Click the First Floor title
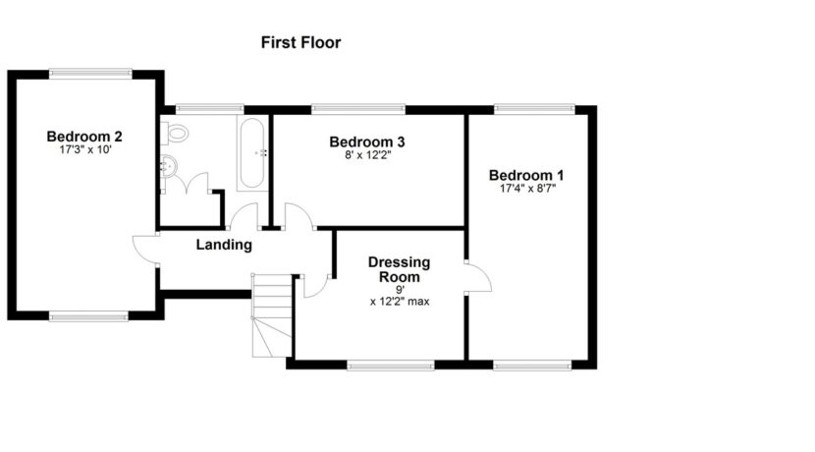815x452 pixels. tap(300, 42)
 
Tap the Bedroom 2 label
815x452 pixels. tap(84, 137)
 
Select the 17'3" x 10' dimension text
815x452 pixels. tap(85, 149)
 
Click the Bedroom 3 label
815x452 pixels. tap(367, 141)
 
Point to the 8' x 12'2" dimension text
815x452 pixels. tap(367, 154)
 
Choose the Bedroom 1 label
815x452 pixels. tap(526, 175)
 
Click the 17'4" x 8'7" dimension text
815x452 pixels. tap(527, 189)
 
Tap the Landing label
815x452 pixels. tap(224, 245)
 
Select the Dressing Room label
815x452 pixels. tap(400, 269)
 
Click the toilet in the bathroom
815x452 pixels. tap(174, 134)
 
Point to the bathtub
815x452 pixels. tap(252, 153)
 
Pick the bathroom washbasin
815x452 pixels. tap(169, 166)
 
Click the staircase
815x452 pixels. tap(272, 315)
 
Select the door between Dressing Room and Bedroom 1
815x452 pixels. tap(478, 277)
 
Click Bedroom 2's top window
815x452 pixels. tap(91, 74)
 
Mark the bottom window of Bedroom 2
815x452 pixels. tap(88, 315)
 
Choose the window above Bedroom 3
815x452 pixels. tap(358, 109)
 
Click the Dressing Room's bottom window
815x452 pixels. tap(391, 366)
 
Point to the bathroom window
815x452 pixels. tap(209, 109)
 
